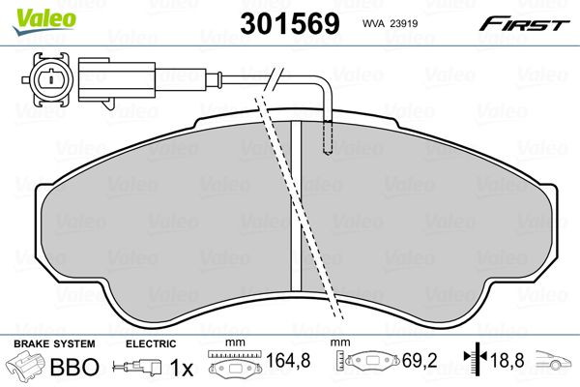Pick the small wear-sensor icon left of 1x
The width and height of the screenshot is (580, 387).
pos(134,369)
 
